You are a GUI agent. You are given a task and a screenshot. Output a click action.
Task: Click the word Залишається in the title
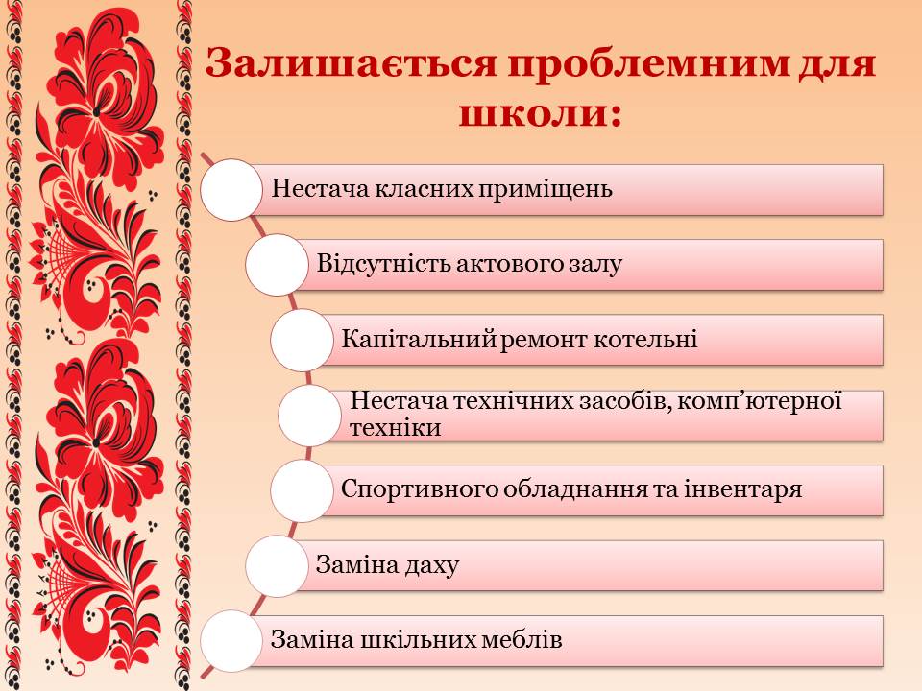[x=352, y=63]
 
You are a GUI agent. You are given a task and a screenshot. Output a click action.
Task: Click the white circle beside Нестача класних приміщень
[x=231, y=190]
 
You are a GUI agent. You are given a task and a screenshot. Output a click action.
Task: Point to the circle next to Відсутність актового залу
[x=277, y=265]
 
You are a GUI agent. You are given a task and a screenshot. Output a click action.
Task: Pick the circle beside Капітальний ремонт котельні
[x=302, y=340]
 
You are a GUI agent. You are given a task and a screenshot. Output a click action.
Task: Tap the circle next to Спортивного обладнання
[x=302, y=490]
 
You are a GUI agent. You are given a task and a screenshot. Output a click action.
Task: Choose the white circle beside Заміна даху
[x=277, y=566]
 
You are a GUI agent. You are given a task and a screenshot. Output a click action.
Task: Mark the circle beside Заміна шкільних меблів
[x=231, y=641]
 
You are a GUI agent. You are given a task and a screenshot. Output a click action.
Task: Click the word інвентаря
[x=742, y=489]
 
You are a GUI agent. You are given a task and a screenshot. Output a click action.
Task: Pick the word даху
[x=431, y=566]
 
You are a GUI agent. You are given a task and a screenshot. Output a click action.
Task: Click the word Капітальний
[x=420, y=339]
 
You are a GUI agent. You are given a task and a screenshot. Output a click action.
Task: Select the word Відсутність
[x=383, y=264]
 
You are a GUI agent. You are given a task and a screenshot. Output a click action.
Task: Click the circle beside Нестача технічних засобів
[x=309, y=416]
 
